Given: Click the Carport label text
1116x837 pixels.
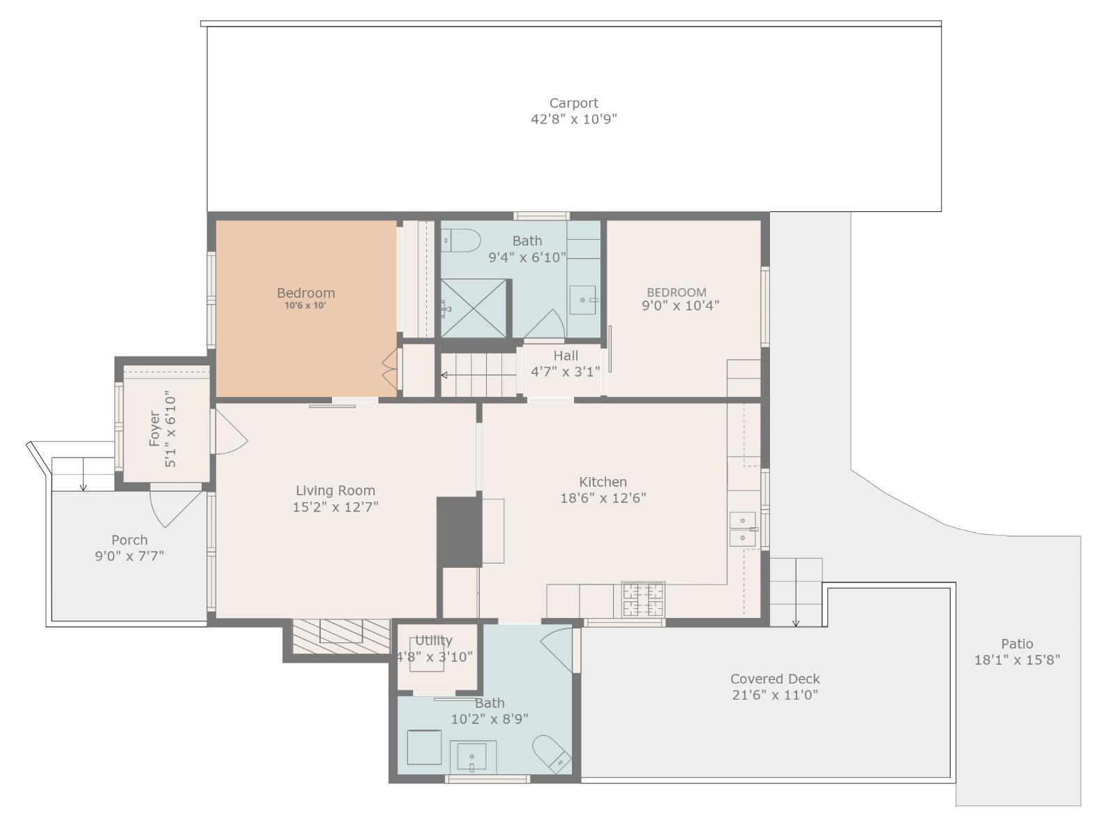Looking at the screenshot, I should pos(573,103).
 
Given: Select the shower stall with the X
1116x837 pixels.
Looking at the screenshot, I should pos(474,308).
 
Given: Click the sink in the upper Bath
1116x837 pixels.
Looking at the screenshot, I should pos(582,300).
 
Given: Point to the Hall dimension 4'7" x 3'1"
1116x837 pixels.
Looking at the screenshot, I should pos(565,372).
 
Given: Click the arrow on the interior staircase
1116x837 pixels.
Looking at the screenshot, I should pos(445,375).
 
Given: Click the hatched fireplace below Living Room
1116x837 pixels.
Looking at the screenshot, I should pos(340,635).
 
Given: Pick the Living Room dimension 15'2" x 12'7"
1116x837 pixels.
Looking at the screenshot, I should pos(335,507).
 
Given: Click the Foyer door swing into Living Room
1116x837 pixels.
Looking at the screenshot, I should pos(230,434).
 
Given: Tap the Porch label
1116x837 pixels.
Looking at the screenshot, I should pos(130,540).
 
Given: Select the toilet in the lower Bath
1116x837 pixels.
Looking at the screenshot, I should pos(552,753).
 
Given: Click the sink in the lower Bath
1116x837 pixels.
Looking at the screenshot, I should pos(473,757).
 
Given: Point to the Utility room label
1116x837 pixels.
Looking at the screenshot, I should pos(433,640).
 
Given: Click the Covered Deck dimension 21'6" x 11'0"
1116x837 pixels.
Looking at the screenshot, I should pos(775,695).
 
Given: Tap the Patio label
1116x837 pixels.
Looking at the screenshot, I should pos(1017,644).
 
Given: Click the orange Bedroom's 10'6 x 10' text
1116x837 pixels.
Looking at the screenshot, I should pos(306,306).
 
